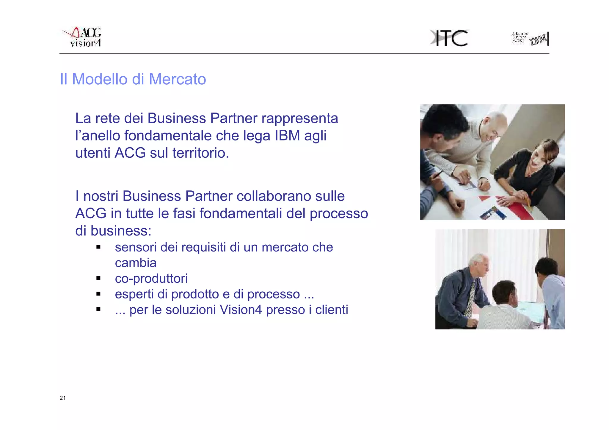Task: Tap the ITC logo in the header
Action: [449, 38]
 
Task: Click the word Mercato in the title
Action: [177, 79]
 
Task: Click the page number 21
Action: [62, 398]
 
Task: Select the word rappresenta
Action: [300, 118]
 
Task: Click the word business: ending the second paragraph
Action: [121, 231]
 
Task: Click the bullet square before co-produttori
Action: [98, 278]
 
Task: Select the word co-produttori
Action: [151, 279]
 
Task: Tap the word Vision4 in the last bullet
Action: [241, 310]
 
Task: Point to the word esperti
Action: [134, 294]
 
